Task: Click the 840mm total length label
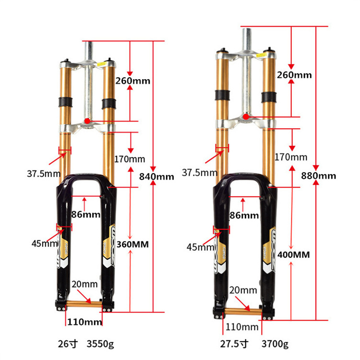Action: coord(156,177)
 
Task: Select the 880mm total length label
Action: coord(318,176)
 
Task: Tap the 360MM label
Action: coord(132,244)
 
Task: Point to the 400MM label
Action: coord(293,254)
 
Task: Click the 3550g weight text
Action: coord(100,344)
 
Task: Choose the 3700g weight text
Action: coord(275,344)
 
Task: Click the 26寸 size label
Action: coord(68,344)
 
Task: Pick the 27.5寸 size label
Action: coord(234,344)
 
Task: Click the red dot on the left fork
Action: coord(87,121)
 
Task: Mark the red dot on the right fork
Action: coord(246,117)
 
